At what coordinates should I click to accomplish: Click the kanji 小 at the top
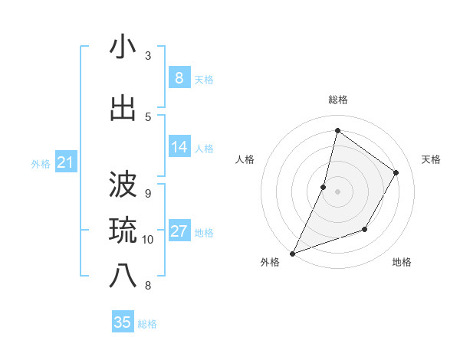click(x=123, y=47)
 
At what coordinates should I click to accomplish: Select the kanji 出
click(x=123, y=109)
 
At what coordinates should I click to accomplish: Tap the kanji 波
click(x=123, y=185)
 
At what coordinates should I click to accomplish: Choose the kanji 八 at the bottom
click(x=123, y=277)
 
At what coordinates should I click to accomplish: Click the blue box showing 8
click(x=179, y=77)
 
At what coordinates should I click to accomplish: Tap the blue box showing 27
click(x=179, y=231)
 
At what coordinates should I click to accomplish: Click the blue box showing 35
click(x=123, y=322)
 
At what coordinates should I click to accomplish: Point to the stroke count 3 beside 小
click(x=148, y=56)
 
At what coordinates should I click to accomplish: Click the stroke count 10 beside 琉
click(x=148, y=240)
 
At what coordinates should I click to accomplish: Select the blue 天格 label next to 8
click(x=204, y=79)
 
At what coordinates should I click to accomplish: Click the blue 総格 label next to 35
click(x=147, y=324)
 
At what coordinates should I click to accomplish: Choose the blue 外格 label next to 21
click(x=41, y=163)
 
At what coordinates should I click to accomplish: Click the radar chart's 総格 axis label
click(x=337, y=100)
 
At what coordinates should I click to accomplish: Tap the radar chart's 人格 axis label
click(x=245, y=159)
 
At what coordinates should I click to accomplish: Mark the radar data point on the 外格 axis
click(x=292, y=253)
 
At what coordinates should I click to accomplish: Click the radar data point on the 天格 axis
click(x=396, y=172)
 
